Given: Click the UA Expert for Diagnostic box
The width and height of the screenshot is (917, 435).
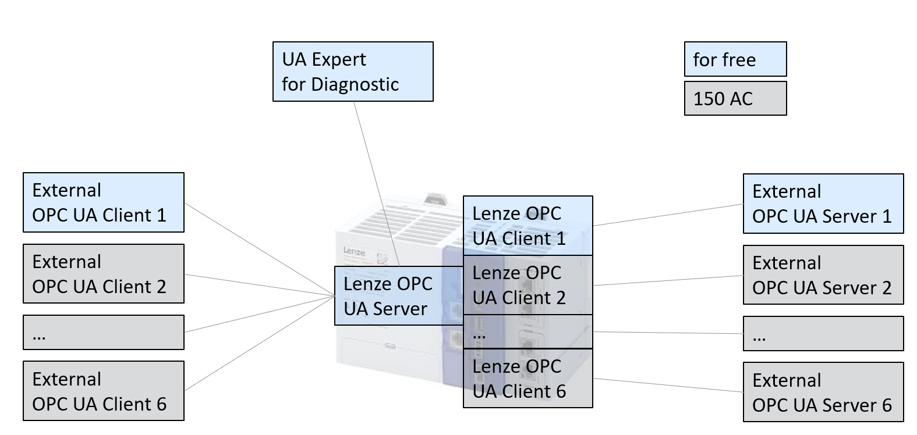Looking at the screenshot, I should [353, 72].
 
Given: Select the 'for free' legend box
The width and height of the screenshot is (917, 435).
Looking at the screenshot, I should [735, 59].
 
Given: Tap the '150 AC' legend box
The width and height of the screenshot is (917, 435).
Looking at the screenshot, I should [735, 98].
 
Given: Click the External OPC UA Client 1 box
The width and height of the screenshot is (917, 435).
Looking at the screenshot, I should [103, 202].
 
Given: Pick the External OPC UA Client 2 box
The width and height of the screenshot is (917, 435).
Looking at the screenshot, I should [103, 274].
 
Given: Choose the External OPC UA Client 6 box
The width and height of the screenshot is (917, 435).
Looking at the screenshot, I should [103, 391].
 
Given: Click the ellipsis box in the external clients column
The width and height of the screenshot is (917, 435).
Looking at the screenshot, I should [103, 333].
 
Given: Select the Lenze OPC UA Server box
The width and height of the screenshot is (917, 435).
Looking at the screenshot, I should [398, 296].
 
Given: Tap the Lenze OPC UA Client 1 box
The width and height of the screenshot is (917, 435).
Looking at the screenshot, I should [527, 226].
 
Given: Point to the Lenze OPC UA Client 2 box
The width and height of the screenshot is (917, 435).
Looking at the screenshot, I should [527, 285].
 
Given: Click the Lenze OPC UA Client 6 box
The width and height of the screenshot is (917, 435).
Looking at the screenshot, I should [527, 379].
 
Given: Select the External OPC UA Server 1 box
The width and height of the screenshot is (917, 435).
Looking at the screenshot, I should [823, 204].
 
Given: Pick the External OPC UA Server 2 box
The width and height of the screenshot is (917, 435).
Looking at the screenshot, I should [823, 275].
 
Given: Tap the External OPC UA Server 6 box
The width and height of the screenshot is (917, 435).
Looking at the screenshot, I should [823, 392].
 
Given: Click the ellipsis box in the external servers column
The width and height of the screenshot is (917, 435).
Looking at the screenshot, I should [823, 334].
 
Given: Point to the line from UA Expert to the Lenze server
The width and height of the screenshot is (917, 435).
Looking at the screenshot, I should [376, 183].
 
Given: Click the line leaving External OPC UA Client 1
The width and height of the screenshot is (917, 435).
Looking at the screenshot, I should [259, 249].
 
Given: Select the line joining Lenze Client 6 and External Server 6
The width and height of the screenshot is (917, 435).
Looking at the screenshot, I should [668, 386].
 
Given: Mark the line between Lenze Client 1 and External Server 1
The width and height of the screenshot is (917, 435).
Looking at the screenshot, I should [668, 215].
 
